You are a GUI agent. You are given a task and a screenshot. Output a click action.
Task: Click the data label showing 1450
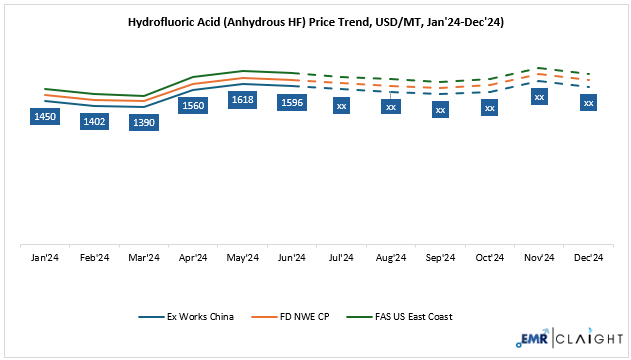(45, 117)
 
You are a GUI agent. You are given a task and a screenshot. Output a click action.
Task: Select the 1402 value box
(95, 121)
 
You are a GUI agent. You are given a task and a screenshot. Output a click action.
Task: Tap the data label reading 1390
(144, 122)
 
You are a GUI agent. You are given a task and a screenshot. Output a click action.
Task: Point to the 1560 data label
(193, 105)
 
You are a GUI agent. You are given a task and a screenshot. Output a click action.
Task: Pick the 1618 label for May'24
(243, 100)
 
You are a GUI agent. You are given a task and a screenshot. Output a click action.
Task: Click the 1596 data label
(292, 102)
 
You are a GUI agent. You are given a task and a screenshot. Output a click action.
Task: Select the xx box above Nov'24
(539, 97)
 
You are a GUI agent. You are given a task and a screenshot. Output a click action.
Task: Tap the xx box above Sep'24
(440, 109)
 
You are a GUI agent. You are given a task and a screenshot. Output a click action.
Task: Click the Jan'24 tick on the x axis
(45, 258)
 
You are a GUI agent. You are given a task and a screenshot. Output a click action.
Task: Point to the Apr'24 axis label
(193, 258)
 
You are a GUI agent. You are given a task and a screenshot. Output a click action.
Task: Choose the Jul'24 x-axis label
(341, 258)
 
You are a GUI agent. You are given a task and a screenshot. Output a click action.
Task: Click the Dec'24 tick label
(588, 258)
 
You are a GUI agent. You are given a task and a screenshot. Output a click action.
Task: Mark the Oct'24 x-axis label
(489, 258)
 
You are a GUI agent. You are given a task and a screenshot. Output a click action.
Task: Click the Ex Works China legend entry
(189, 317)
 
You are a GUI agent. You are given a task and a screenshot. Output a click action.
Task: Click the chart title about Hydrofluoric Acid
(315, 21)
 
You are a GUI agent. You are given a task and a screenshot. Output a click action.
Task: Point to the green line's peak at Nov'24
(539, 68)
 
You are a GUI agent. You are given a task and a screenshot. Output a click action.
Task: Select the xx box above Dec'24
(588, 102)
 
